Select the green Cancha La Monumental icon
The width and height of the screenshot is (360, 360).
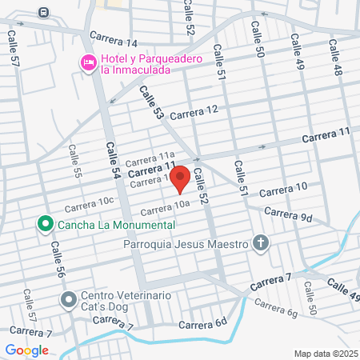[45, 224]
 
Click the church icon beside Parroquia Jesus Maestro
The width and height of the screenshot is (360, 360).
[260, 242]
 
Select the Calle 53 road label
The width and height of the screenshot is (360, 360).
[152, 103]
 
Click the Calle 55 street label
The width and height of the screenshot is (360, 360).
[76, 160]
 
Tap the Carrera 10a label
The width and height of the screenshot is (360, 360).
[166, 208]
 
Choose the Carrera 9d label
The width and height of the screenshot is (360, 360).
[287, 214]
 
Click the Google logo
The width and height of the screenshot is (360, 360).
[26, 350]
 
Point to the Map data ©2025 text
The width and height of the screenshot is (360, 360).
[326, 354]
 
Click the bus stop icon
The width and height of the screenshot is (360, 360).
[42, 14]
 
